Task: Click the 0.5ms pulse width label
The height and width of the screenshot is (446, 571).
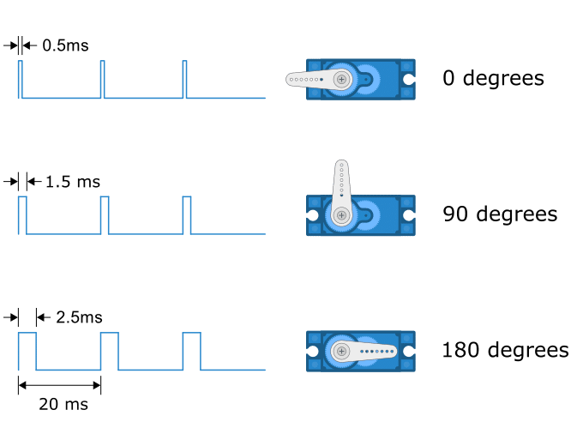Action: click(65, 45)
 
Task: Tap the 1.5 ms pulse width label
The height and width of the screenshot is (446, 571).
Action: click(73, 182)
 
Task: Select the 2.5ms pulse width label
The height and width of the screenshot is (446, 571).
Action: click(79, 317)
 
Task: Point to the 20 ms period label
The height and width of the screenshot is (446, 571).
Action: click(63, 404)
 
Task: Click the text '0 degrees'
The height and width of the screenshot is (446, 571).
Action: click(494, 78)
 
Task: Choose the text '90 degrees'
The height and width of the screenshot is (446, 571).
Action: click(500, 214)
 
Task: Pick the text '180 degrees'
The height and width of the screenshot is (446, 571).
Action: click(505, 350)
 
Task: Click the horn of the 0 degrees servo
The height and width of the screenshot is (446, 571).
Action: click(319, 79)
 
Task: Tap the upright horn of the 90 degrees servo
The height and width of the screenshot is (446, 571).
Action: click(341, 193)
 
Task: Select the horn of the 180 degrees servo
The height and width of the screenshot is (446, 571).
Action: click(364, 352)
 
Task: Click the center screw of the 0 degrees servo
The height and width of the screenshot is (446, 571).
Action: click(341, 79)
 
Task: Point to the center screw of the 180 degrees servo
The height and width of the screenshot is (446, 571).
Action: click(341, 352)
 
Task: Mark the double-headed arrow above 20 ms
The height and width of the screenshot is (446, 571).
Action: click(59, 385)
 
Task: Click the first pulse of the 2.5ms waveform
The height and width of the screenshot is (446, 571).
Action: click(27, 352)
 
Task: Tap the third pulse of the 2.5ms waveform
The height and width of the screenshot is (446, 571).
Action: click(191, 352)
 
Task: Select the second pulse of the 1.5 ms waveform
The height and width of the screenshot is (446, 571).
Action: click(105, 215)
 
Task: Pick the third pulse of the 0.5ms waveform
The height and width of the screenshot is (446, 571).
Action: click(184, 80)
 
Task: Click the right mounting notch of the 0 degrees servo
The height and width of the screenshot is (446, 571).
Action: click(409, 79)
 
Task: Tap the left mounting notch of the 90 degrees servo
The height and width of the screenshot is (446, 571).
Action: click(312, 215)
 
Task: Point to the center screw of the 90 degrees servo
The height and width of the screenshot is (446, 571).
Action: click(341, 215)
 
